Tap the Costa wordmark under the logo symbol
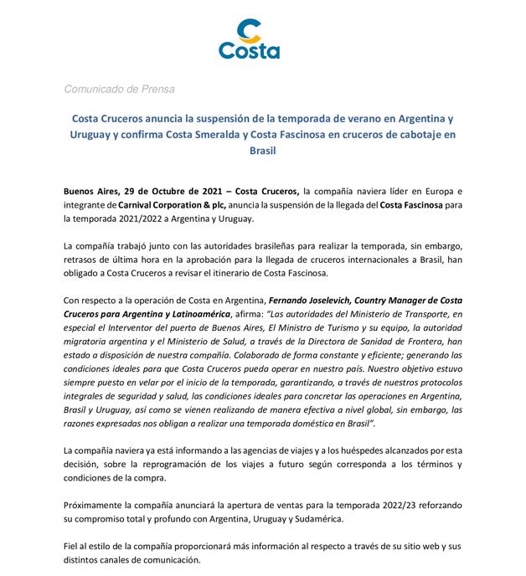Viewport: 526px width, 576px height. point(250,51)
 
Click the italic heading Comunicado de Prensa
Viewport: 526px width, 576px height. point(119,89)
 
